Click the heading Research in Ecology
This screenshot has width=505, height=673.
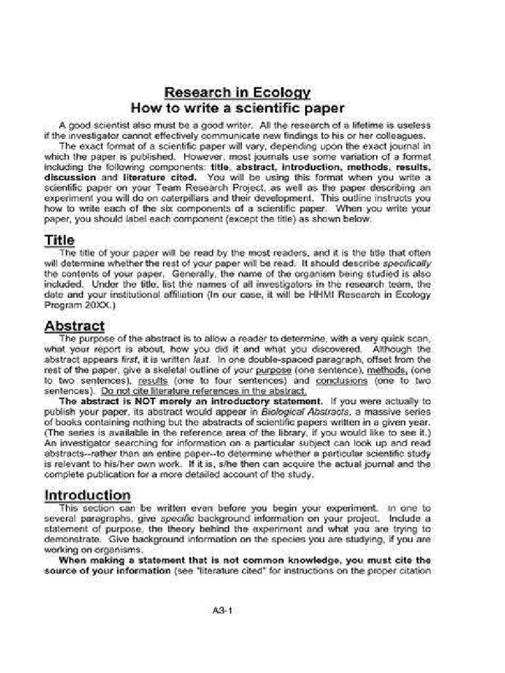(x=237, y=93)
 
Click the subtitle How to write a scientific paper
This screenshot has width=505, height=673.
(x=237, y=108)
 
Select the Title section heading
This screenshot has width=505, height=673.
(x=59, y=241)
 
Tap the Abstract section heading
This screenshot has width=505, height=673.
(x=74, y=326)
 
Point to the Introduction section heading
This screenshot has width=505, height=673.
(x=87, y=494)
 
